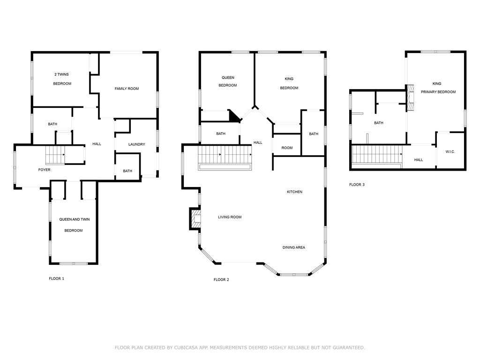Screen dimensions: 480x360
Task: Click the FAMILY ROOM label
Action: (x=127, y=89)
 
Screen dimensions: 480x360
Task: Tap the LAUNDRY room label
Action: (x=136, y=144)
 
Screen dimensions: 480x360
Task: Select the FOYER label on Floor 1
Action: (x=45, y=170)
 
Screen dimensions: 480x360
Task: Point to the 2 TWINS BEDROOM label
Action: (x=62, y=79)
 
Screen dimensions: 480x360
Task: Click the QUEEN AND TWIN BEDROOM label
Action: (x=74, y=225)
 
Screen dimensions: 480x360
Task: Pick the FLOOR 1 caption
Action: (x=57, y=278)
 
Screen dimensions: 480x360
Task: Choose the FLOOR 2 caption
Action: (x=221, y=280)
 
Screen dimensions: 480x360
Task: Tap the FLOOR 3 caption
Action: (x=357, y=185)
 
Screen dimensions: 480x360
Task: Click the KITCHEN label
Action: (x=294, y=192)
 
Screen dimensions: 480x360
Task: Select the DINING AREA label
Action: (x=294, y=247)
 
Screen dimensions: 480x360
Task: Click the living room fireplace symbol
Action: (x=195, y=218)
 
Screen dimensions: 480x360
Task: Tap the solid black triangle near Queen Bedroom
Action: (x=234, y=117)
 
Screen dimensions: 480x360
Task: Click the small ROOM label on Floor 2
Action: (x=287, y=148)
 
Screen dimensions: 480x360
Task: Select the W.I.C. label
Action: (x=450, y=152)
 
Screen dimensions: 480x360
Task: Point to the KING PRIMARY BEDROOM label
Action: (x=438, y=88)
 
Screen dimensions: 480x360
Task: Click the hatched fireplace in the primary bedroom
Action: (x=410, y=98)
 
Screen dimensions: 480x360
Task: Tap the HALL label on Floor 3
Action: (x=419, y=160)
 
